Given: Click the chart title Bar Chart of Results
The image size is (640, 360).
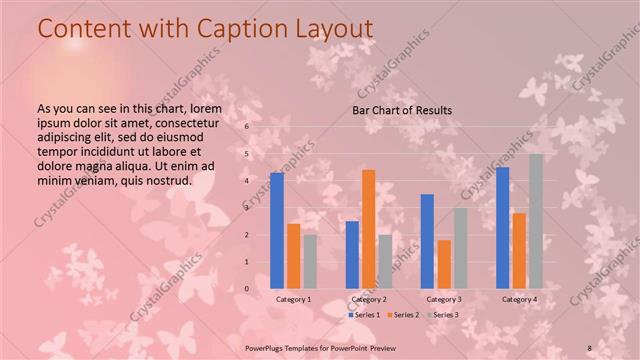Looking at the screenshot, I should [401, 110].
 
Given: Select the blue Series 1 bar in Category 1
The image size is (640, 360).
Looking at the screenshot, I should [277, 230].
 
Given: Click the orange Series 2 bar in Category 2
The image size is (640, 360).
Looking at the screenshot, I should [369, 229].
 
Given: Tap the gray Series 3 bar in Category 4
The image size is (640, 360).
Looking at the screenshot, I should [536, 221].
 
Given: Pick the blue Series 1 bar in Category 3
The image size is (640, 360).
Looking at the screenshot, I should [427, 241].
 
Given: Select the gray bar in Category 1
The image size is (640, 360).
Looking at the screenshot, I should [310, 261].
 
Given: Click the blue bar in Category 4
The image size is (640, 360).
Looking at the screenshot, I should [502, 227].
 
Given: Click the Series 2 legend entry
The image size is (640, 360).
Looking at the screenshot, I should [404, 315].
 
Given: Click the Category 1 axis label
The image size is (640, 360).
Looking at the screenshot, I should [293, 299].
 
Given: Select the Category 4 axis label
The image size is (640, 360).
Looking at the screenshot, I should [519, 299].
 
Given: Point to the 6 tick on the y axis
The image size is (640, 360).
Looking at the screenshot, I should [246, 127].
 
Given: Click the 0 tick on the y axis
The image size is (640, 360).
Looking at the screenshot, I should [246, 288].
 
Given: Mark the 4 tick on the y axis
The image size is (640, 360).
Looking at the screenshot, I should [246, 181].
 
